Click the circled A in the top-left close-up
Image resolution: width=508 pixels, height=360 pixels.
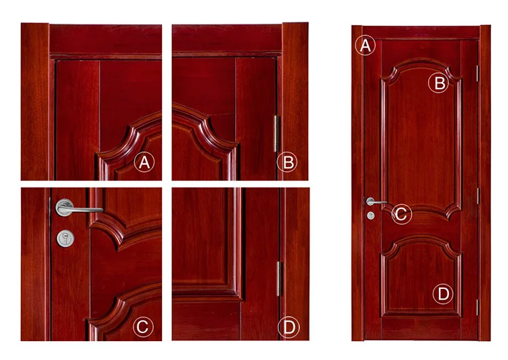point(144,162)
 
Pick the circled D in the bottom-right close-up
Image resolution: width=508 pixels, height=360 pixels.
point(289,328)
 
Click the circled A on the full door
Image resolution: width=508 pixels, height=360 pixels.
point(365,46)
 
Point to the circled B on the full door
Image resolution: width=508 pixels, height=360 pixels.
point(440,83)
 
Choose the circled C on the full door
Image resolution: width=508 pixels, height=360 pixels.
point(400,215)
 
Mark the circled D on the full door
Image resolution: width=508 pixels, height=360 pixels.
point(442,294)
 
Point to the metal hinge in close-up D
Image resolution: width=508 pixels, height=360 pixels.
point(278,278)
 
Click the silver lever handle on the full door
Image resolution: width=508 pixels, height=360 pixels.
point(375,202)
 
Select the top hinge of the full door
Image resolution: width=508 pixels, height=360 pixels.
point(478,71)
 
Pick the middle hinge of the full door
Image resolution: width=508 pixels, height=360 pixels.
point(478,196)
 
